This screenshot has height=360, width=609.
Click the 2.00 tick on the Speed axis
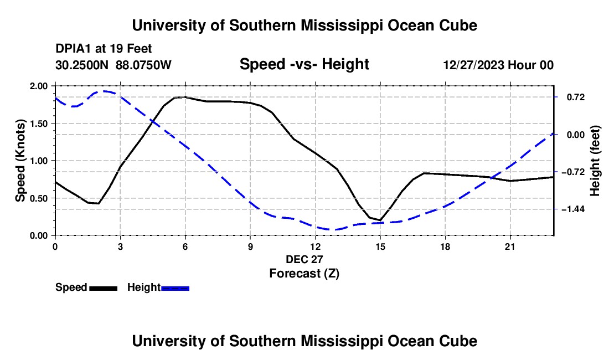point(38,86)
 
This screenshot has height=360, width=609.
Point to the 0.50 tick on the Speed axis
point(38,198)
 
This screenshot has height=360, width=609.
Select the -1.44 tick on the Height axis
point(573,209)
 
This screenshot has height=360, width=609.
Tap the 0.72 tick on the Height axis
point(576,97)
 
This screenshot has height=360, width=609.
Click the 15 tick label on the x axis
point(380,246)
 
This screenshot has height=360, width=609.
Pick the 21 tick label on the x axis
point(510,246)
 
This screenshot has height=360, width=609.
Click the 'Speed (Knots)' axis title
point(20,161)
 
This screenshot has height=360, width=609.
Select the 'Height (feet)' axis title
point(595,161)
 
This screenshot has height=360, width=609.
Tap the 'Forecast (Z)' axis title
point(304,274)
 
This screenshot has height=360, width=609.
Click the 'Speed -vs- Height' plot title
point(304,64)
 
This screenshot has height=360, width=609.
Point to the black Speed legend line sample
point(104,288)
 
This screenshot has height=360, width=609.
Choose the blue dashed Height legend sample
point(175,288)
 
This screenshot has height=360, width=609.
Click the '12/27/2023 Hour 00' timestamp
point(498,65)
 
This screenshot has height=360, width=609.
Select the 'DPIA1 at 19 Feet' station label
point(104,49)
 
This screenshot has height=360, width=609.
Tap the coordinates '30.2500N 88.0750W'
point(113,65)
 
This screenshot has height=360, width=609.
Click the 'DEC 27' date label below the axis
point(304,259)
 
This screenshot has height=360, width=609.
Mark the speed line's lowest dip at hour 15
point(380,220)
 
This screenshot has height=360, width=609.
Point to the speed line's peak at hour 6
point(185,97)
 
